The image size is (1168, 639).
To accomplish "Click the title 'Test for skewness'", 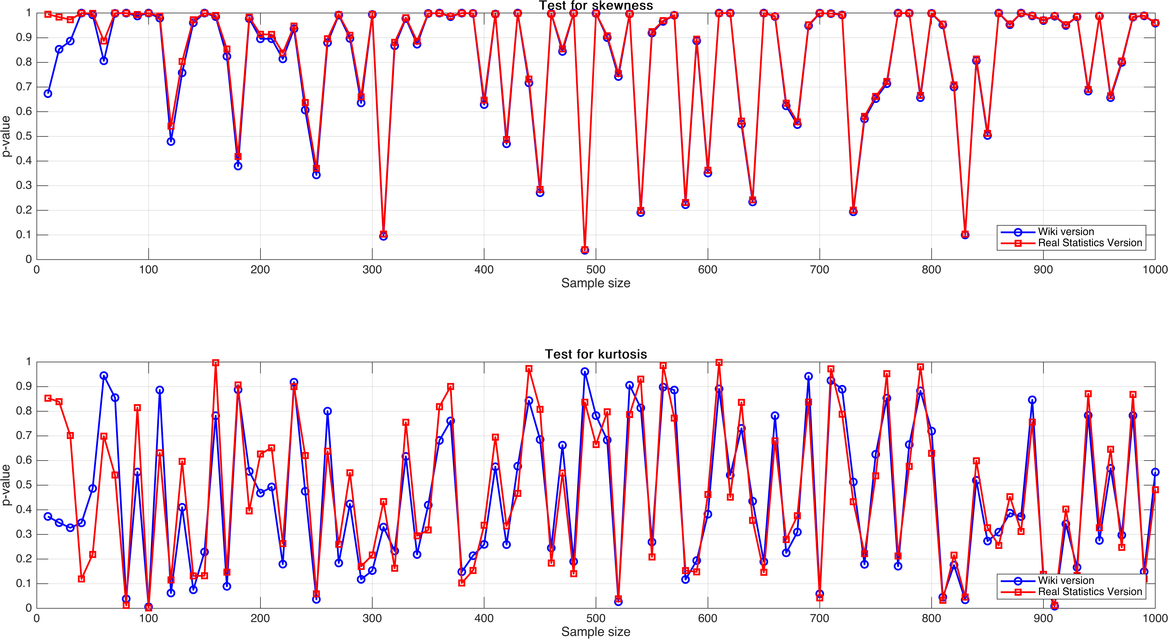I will [x=596, y=5].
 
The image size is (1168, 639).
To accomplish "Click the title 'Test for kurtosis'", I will [x=596, y=354].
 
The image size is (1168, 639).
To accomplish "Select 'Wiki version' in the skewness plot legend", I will [x=1065, y=232].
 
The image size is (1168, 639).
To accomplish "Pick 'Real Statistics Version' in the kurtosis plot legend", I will [x=1090, y=592].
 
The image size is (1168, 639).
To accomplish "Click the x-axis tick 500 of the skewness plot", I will [x=596, y=270].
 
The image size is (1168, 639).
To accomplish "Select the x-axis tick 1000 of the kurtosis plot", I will [x=1154, y=619].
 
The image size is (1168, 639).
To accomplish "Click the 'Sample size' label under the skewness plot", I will [x=596, y=283].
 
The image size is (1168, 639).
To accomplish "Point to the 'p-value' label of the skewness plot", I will [x=6, y=136].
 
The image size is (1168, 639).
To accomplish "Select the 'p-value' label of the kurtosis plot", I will [x=6, y=485].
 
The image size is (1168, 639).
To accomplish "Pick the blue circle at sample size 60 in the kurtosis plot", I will [x=104, y=376].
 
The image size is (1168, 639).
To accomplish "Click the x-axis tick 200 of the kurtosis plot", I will [x=260, y=619].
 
